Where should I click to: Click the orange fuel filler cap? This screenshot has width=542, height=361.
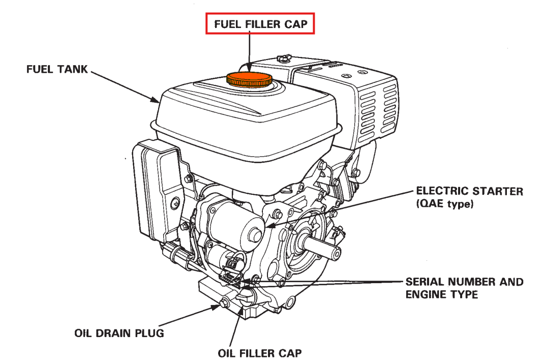click(249, 79)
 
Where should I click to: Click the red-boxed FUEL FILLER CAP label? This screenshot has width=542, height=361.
click(260, 24)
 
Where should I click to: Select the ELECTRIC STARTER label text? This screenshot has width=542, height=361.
click(469, 192)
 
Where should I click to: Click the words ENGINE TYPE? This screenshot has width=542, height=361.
click(441, 295)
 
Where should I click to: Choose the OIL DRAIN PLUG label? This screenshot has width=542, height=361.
click(119, 334)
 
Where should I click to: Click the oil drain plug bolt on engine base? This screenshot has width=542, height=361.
click(223, 305)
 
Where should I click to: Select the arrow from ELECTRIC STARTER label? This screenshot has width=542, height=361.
click(346, 208)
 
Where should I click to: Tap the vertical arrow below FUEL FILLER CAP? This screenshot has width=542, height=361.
click(250, 51)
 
